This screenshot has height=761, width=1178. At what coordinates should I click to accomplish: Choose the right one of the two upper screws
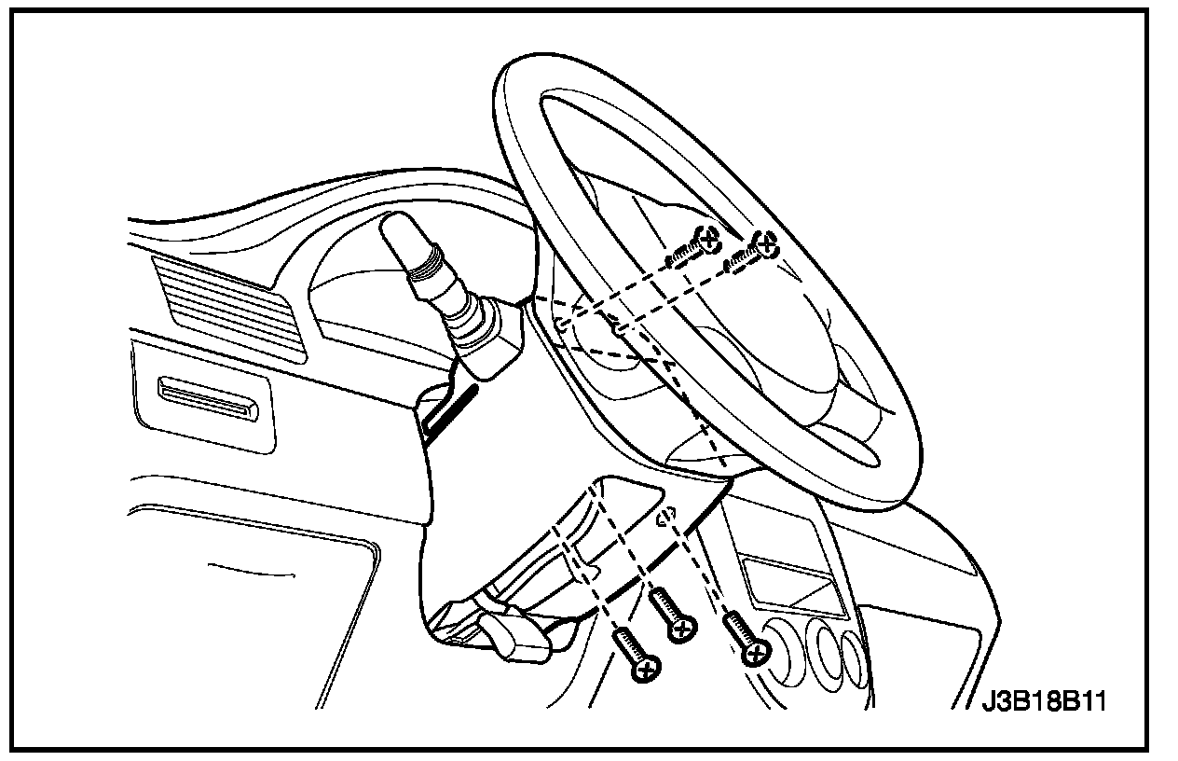tap(764, 244)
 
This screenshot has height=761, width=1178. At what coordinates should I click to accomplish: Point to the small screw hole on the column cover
tap(666, 519)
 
